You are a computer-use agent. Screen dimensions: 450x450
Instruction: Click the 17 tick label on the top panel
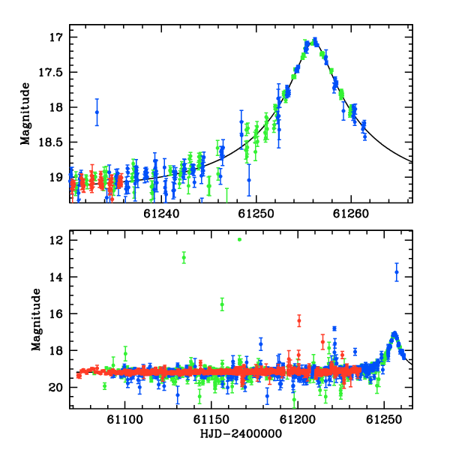(x=56, y=37)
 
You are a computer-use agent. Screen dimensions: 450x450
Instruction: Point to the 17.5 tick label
(x=50, y=72)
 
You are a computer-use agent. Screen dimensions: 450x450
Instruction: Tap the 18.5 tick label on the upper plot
(x=50, y=142)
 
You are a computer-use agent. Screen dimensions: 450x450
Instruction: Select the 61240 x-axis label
(x=161, y=214)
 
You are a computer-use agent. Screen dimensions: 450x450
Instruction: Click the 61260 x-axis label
(x=351, y=214)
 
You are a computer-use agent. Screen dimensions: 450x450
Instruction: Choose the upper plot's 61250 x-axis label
(x=256, y=214)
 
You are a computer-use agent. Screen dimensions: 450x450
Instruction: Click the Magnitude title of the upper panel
(x=25, y=114)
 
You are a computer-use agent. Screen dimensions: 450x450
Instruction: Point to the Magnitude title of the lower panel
(x=36, y=319)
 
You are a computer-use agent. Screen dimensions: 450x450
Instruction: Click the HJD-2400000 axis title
(x=241, y=433)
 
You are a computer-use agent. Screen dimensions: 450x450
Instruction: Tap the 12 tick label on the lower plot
(x=56, y=240)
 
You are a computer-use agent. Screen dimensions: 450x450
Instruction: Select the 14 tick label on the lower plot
(x=56, y=277)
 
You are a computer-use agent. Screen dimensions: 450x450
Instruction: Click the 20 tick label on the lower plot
(x=55, y=388)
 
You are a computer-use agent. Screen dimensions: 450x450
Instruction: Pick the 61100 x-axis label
(x=124, y=419)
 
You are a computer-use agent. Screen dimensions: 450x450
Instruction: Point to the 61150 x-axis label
(x=211, y=419)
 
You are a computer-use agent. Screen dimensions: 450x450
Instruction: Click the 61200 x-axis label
(x=298, y=419)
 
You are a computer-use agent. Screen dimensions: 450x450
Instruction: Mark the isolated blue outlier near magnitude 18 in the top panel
(x=97, y=112)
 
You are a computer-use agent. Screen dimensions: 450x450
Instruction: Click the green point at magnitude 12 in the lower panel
(x=240, y=240)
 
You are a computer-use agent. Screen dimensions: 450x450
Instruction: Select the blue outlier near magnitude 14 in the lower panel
(x=397, y=272)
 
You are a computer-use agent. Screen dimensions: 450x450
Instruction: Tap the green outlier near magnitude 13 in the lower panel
(x=184, y=257)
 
